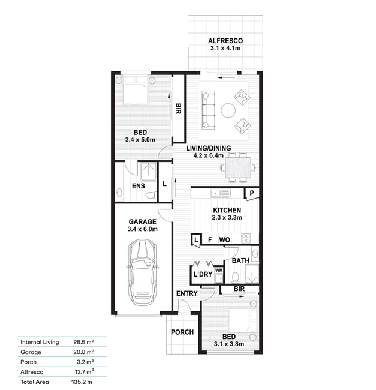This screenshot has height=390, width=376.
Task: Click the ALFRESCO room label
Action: click(x=225, y=41)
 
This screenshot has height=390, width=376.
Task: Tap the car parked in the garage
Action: click(x=142, y=272)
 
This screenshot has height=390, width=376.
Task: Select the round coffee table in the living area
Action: click(x=228, y=110)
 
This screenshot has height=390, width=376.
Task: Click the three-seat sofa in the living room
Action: click(x=208, y=110)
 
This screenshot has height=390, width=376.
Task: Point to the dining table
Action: click(x=238, y=167)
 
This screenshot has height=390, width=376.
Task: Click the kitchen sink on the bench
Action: click(x=220, y=193)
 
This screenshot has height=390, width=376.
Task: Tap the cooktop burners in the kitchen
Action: click(x=246, y=238)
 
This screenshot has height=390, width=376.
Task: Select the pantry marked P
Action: click(x=252, y=193)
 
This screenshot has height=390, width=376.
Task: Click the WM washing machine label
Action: click(x=219, y=270)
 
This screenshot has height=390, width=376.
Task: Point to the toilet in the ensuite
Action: click(x=150, y=195)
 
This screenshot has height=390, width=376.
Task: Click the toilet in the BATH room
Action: click(x=235, y=277)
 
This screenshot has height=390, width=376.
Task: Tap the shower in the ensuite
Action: click(x=148, y=172)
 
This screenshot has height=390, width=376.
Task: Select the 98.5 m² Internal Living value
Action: click(x=83, y=342)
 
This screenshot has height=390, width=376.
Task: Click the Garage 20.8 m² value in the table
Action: click(x=83, y=352)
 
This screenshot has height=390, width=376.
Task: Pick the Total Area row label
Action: click(x=35, y=382)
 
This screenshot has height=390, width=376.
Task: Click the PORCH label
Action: click(x=182, y=332)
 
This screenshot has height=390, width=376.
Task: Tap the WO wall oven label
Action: click(x=224, y=240)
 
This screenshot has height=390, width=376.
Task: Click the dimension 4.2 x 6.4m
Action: click(x=209, y=155)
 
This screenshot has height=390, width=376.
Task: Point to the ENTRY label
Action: click(x=187, y=293)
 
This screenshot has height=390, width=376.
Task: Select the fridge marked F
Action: click(x=210, y=240)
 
